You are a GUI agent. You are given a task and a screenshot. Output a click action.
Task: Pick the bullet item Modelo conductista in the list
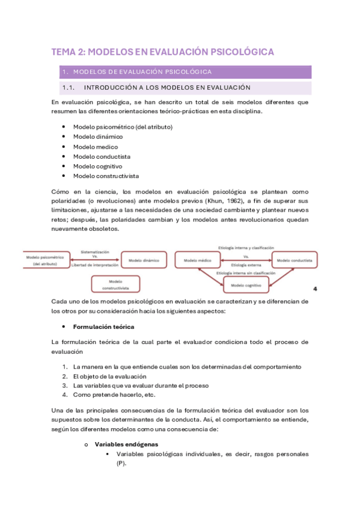coord(102,156)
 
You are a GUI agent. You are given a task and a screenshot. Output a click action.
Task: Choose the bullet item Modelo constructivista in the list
coord(106,176)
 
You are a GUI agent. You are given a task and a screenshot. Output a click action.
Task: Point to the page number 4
coord(314,289)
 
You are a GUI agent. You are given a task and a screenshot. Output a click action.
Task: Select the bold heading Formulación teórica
coord(103,327)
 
